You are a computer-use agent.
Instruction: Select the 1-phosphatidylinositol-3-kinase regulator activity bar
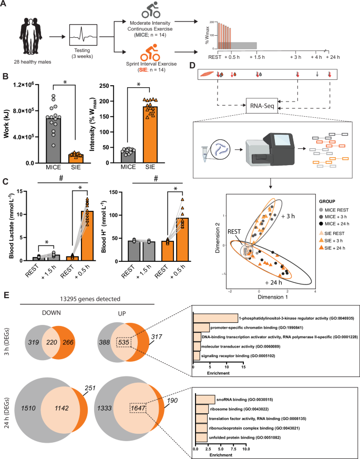pos(215,303)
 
